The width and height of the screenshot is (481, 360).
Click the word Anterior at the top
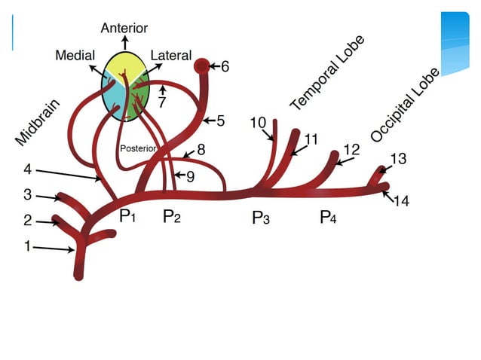tap(124, 28)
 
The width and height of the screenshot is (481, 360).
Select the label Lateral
tap(171, 55)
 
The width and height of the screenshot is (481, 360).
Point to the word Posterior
tap(138, 148)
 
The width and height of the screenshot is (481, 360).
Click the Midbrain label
tap(37, 123)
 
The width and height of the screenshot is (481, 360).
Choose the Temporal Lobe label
tap(327, 73)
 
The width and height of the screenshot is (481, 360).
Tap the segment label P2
tap(173, 217)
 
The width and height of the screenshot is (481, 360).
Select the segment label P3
tap(261, 218)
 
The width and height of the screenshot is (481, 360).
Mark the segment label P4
tap(328, 218)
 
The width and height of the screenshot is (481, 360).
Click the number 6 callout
tap(225, 67)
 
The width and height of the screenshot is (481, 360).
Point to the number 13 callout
tap(399, 158)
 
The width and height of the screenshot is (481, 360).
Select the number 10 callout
tap(258, 122)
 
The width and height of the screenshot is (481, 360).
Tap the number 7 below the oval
tap(161, 102)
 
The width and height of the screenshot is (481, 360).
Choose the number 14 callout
tap(401, 202)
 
